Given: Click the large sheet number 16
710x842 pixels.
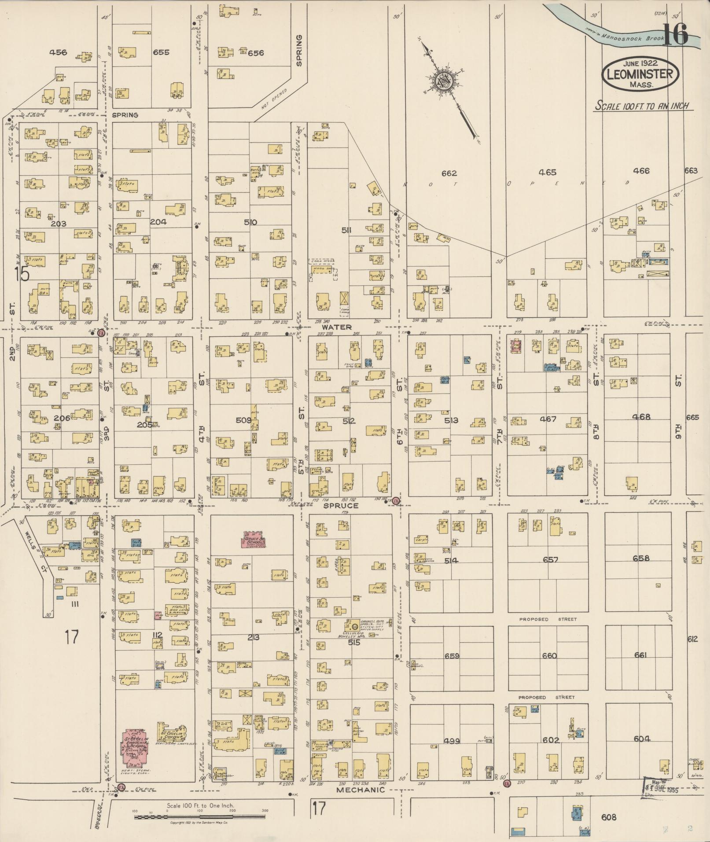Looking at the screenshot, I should [675, 34].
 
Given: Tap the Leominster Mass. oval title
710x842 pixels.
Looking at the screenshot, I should [640, 74].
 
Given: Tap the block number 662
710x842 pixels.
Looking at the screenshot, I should [449, 173].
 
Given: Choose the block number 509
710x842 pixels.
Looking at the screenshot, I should [243, 420].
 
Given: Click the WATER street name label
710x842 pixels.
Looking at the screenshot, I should [336, 327].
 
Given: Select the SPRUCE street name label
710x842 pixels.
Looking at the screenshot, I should [341, 506].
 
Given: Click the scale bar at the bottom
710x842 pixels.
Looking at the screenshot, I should [201, 817].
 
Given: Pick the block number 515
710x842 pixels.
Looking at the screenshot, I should [354, 642].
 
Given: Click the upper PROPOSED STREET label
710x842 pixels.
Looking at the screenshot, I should [548, 619].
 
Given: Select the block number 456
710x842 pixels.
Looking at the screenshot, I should [58, 52].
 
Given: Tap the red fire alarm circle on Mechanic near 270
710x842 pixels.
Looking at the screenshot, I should [507, 783].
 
